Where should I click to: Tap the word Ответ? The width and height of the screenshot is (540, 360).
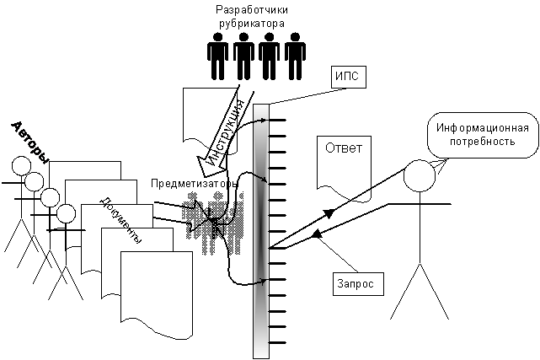[x=343, y=148]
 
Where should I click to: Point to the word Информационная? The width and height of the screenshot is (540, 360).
[x=482, y=127]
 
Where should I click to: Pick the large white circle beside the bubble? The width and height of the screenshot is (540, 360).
[x=419, y=176]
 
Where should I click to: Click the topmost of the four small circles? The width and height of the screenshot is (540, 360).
[x=20, y=165]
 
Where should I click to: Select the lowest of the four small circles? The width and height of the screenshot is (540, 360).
[x=66, y=213]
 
